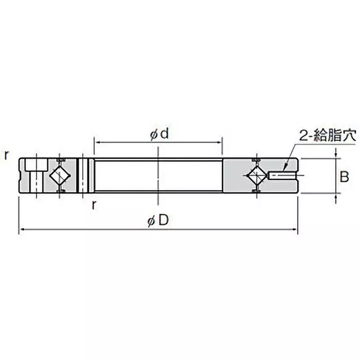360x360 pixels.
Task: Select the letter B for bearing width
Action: (x=344, y=177)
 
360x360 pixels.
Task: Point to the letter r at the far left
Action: (x=6, y=155)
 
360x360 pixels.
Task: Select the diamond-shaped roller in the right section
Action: (x=256, y=175)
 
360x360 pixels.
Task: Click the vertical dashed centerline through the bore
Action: (x=158, y=180)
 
